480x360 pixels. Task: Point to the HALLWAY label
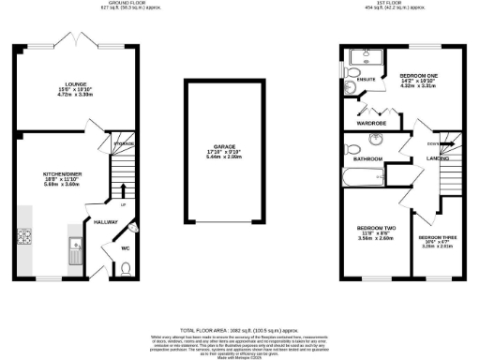[x=105, y=221]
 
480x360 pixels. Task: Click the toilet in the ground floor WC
[x=127, y=270]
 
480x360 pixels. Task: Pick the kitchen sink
[x=74, y=249]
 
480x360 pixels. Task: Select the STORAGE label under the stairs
[x=124, y=143]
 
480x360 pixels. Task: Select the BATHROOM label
[x=367, y=158]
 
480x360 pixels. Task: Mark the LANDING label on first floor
[x=436, y=158]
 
